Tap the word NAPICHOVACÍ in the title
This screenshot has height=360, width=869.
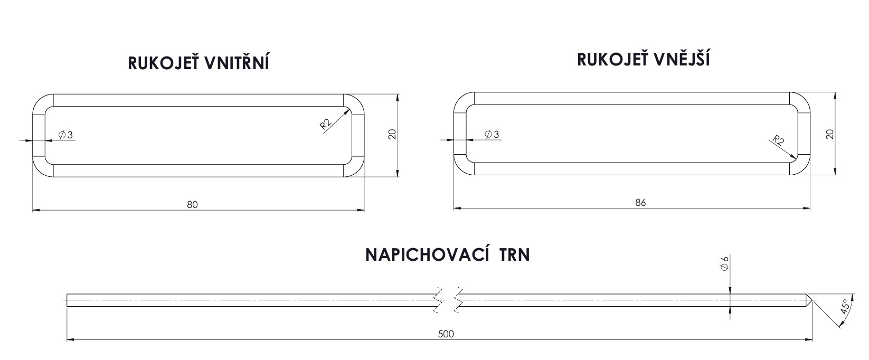(427, 254)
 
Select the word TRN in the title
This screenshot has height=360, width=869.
(514, 255)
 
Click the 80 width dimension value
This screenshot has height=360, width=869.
(192, 204)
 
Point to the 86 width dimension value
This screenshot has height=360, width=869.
(640, 203)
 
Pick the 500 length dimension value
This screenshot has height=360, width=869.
(446, 334)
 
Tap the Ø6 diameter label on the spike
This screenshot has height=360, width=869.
(724, 263)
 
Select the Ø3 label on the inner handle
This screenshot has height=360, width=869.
(65, 135)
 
